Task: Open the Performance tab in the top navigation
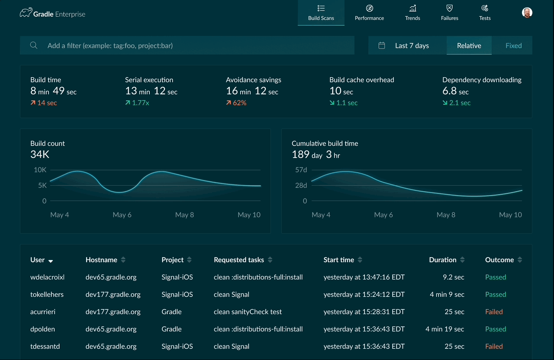[x=369, y=13]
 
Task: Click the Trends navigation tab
[x=412, y=13]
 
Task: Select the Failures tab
[x=449, y=13]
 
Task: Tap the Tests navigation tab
[x=485, y=13]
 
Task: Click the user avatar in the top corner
[x=527, y=13]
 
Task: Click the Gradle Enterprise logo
[x=52, y=14]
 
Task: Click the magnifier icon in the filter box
[x=33, y=45]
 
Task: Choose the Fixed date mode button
[x=513, y=45]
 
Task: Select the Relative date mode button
[x=469, y=45]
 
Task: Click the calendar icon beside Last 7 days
[x=381, y=45]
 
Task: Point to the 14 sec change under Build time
[x=44, y=103]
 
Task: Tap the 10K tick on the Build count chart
[x=40, y=170]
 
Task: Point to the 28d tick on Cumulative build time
[x=301, y=185]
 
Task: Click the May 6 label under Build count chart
[x=122, y=215]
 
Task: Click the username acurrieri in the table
[x=43, y=312]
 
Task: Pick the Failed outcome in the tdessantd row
[x=494, y=346]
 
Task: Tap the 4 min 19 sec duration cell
[x=444, y=329]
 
